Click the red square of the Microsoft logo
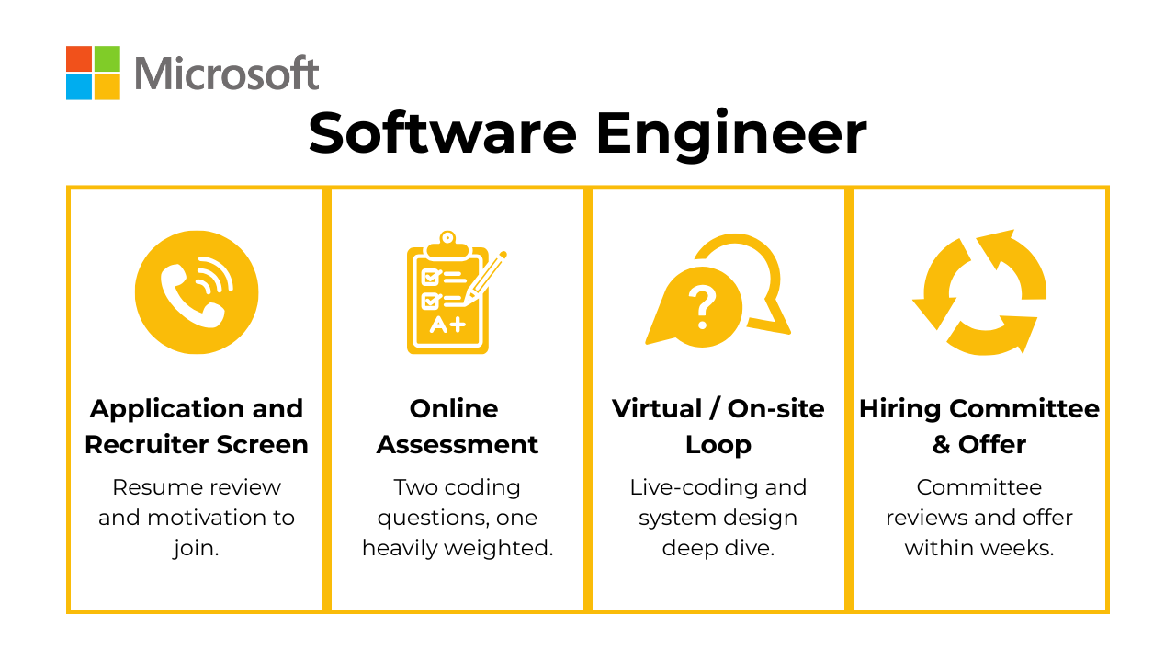(79, 59)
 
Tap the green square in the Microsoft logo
(107, 59)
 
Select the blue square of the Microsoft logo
(79, 87)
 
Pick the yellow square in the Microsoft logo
(107, 87)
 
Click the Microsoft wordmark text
(227, 73)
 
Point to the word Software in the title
(443, 133)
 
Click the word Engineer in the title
(730, 135)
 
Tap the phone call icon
(197, 292)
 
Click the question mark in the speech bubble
(703, 308)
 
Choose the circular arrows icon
(979, 292)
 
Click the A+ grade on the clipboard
(447, 325)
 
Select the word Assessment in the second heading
(458, 444)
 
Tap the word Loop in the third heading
(718, 446)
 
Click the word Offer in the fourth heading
(992, 444)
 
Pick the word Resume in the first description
(152, 487)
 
